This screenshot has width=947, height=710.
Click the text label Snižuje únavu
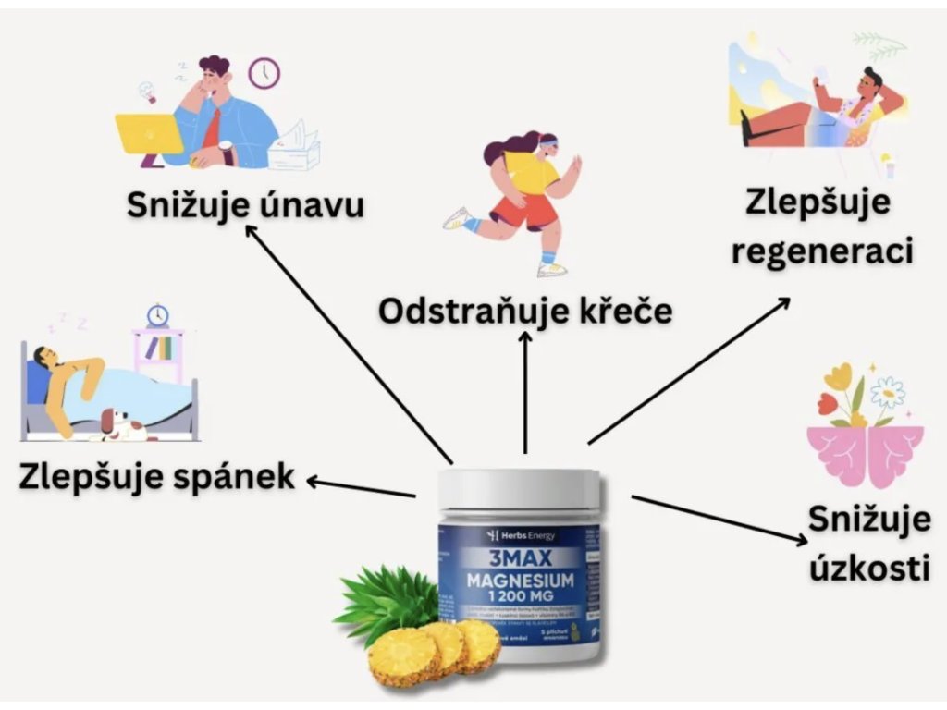point(244,204)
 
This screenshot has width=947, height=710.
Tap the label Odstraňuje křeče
point(524,311)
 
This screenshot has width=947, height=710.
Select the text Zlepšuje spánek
point(156,477)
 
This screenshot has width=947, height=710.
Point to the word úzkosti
point(869,567)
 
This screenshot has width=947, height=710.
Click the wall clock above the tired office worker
point(264,73)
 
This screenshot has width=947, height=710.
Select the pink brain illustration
point(865,453)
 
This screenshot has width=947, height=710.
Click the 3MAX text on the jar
point(518,558)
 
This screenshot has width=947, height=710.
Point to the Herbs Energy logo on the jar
point(518,536)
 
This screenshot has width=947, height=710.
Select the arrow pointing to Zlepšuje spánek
point(361,488)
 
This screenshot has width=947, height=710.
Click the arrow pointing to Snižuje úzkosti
point(717,520)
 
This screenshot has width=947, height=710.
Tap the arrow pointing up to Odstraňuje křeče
point(525,393)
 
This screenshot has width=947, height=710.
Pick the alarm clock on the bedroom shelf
point(158,315)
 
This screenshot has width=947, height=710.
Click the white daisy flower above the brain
point(887,392)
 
